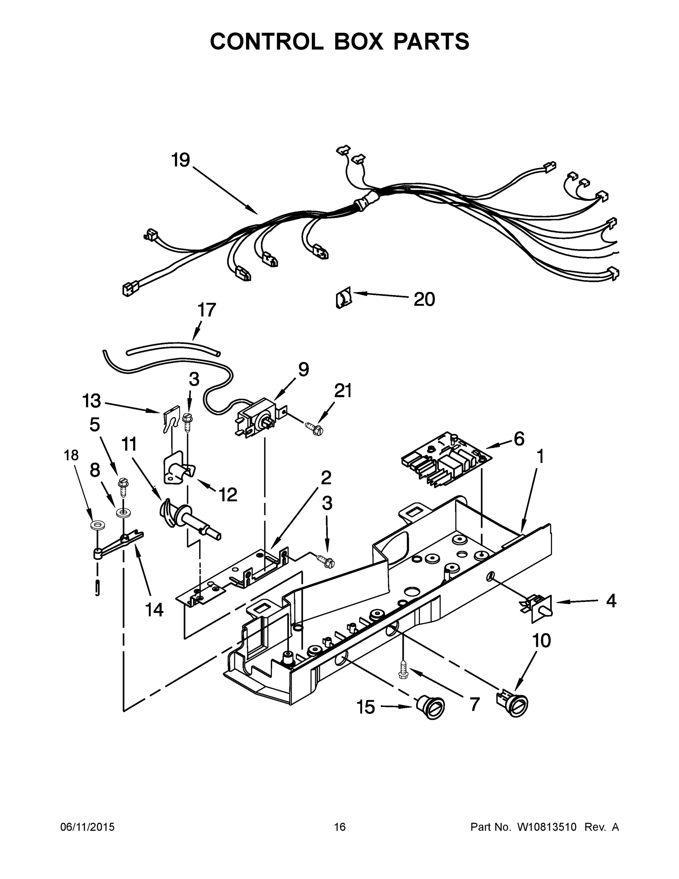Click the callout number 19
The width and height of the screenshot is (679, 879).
pyautogui.click(x=180, y=160)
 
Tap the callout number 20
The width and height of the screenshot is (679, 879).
pyautogui.click(x=424, y=300)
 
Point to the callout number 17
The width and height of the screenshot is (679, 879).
pyautogui.click(x=206, y=310)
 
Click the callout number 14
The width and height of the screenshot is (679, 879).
pyautogui.click(x=154, y=609)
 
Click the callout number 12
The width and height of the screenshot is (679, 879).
pyautogui.click(x=228, y=495)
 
